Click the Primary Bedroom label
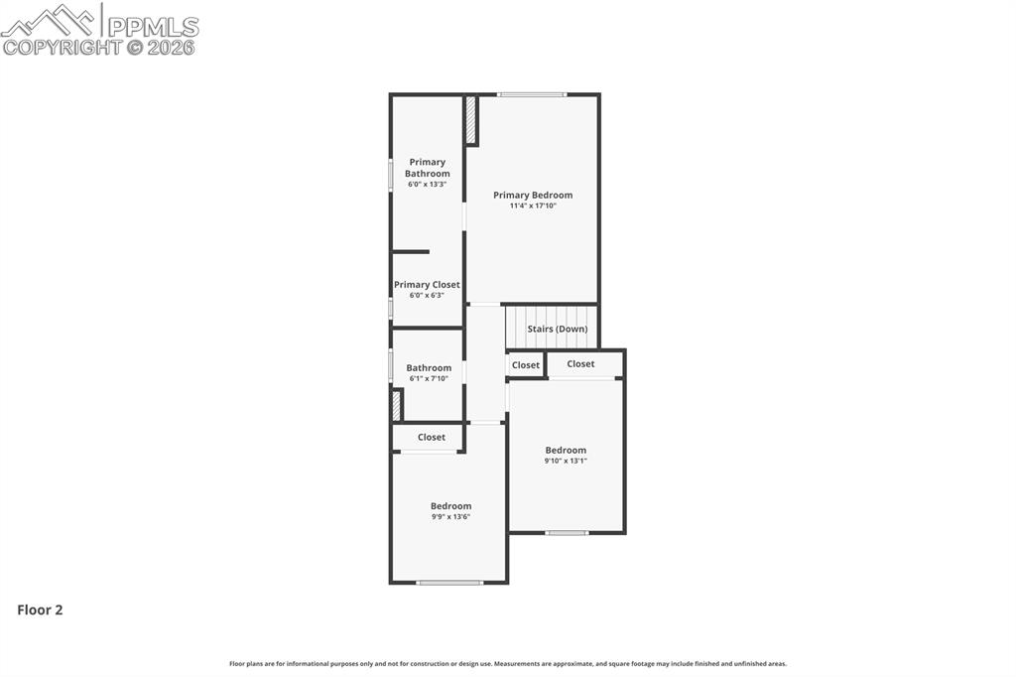tap(533, 196)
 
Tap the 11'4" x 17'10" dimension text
tap(533, 206)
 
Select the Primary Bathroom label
tap(427, 168)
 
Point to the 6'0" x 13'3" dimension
tap(427, 185)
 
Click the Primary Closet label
tap(427, 285)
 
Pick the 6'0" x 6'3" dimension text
tap(427, 296)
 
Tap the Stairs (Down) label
tap(557, 329)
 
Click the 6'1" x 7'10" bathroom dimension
tap(429, 378)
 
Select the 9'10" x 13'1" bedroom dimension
tap(566, 461)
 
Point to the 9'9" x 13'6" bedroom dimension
tap(450, 516)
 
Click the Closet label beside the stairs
tap(526, 365)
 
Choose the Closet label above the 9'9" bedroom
tap(432, 437)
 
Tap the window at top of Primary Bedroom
tap(533, 95)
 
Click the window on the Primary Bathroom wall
tap(391, 174)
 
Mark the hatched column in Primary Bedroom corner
tap(471, 119)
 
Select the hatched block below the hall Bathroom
tap(396, 405)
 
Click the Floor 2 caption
tap(40, 610)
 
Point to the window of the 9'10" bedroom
tap(567, 533)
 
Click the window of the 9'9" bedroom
tap(449, 583)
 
